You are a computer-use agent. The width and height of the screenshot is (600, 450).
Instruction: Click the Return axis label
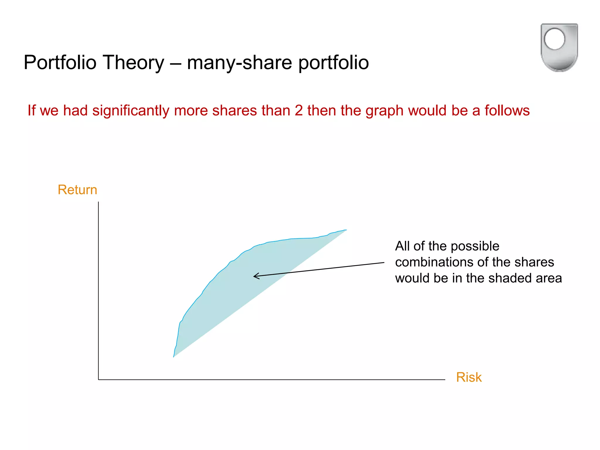pyautogui.click(x=77, y=190)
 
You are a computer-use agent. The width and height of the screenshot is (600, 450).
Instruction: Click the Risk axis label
pyautogui.click(x=469, y=377)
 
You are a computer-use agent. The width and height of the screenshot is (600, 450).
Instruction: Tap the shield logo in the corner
pyautogui.click(x=559, y=47)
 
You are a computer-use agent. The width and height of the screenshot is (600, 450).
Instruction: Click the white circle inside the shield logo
pyautogui.click(x=554, y=39)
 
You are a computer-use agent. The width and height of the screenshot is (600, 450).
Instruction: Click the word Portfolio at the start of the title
pyautogui.click(x=60, y=62)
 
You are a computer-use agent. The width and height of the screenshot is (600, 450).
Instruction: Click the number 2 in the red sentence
pyautogui.click(x=299, y=110)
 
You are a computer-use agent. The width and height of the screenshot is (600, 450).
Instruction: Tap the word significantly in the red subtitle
pyautogui.click(x=131, y=110)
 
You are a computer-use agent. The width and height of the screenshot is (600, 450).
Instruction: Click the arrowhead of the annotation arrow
pyautogui.click(x=255, y=276)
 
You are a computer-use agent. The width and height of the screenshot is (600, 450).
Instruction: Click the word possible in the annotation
pyautogui.click(x=475, y=246)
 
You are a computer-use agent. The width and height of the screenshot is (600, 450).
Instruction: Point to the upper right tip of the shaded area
pyautogui.click(x=346, y=230)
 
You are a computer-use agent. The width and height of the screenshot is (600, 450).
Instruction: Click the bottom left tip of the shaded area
pyautogui.click(x=174, y=356)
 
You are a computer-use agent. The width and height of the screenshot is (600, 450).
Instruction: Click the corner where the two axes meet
pyautogui.click(x=98, y=380)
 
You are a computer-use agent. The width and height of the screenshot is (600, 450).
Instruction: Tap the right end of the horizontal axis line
pyautogui.click(x=444, y=380)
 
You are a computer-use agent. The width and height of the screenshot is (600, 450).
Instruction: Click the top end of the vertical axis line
pyautogui.click(x=98, y=202)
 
